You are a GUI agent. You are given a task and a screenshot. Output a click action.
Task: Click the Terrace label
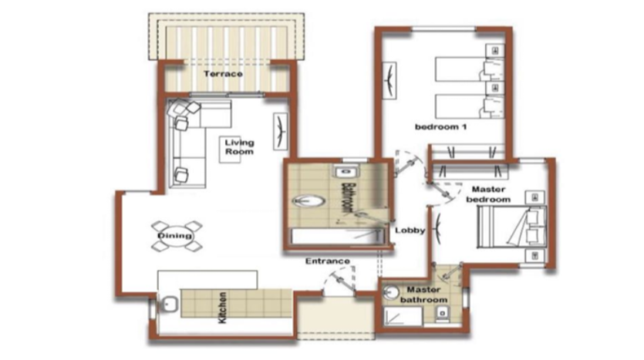(x=223, y=74)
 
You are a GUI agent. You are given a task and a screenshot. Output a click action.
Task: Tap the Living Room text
(x=239, y=147)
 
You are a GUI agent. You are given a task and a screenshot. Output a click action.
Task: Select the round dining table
(x=176, y=236)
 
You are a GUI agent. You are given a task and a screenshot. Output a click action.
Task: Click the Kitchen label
(x=222, y=308)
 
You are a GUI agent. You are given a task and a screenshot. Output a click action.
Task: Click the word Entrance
(x=327, y=261)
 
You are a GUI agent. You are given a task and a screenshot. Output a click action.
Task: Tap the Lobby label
(x=410, y=230)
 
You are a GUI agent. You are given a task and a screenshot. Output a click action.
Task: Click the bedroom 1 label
(x=440, y=127)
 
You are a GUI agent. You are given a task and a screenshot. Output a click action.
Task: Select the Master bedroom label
(x=488, y=194)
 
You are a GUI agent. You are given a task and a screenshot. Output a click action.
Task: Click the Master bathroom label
(x=424, y=294)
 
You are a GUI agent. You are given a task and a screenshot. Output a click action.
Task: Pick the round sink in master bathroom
(x=391, y=293)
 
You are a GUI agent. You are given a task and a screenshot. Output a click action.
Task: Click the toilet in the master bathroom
(x=443, y=314)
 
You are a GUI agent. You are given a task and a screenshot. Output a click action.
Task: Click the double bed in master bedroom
(x=512, y=227)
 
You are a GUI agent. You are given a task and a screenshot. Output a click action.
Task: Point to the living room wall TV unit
(x=281, y=131)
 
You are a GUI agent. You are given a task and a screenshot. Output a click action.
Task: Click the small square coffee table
(x=230, y=150)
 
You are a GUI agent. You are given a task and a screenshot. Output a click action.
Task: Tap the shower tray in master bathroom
(x=403, y=317)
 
